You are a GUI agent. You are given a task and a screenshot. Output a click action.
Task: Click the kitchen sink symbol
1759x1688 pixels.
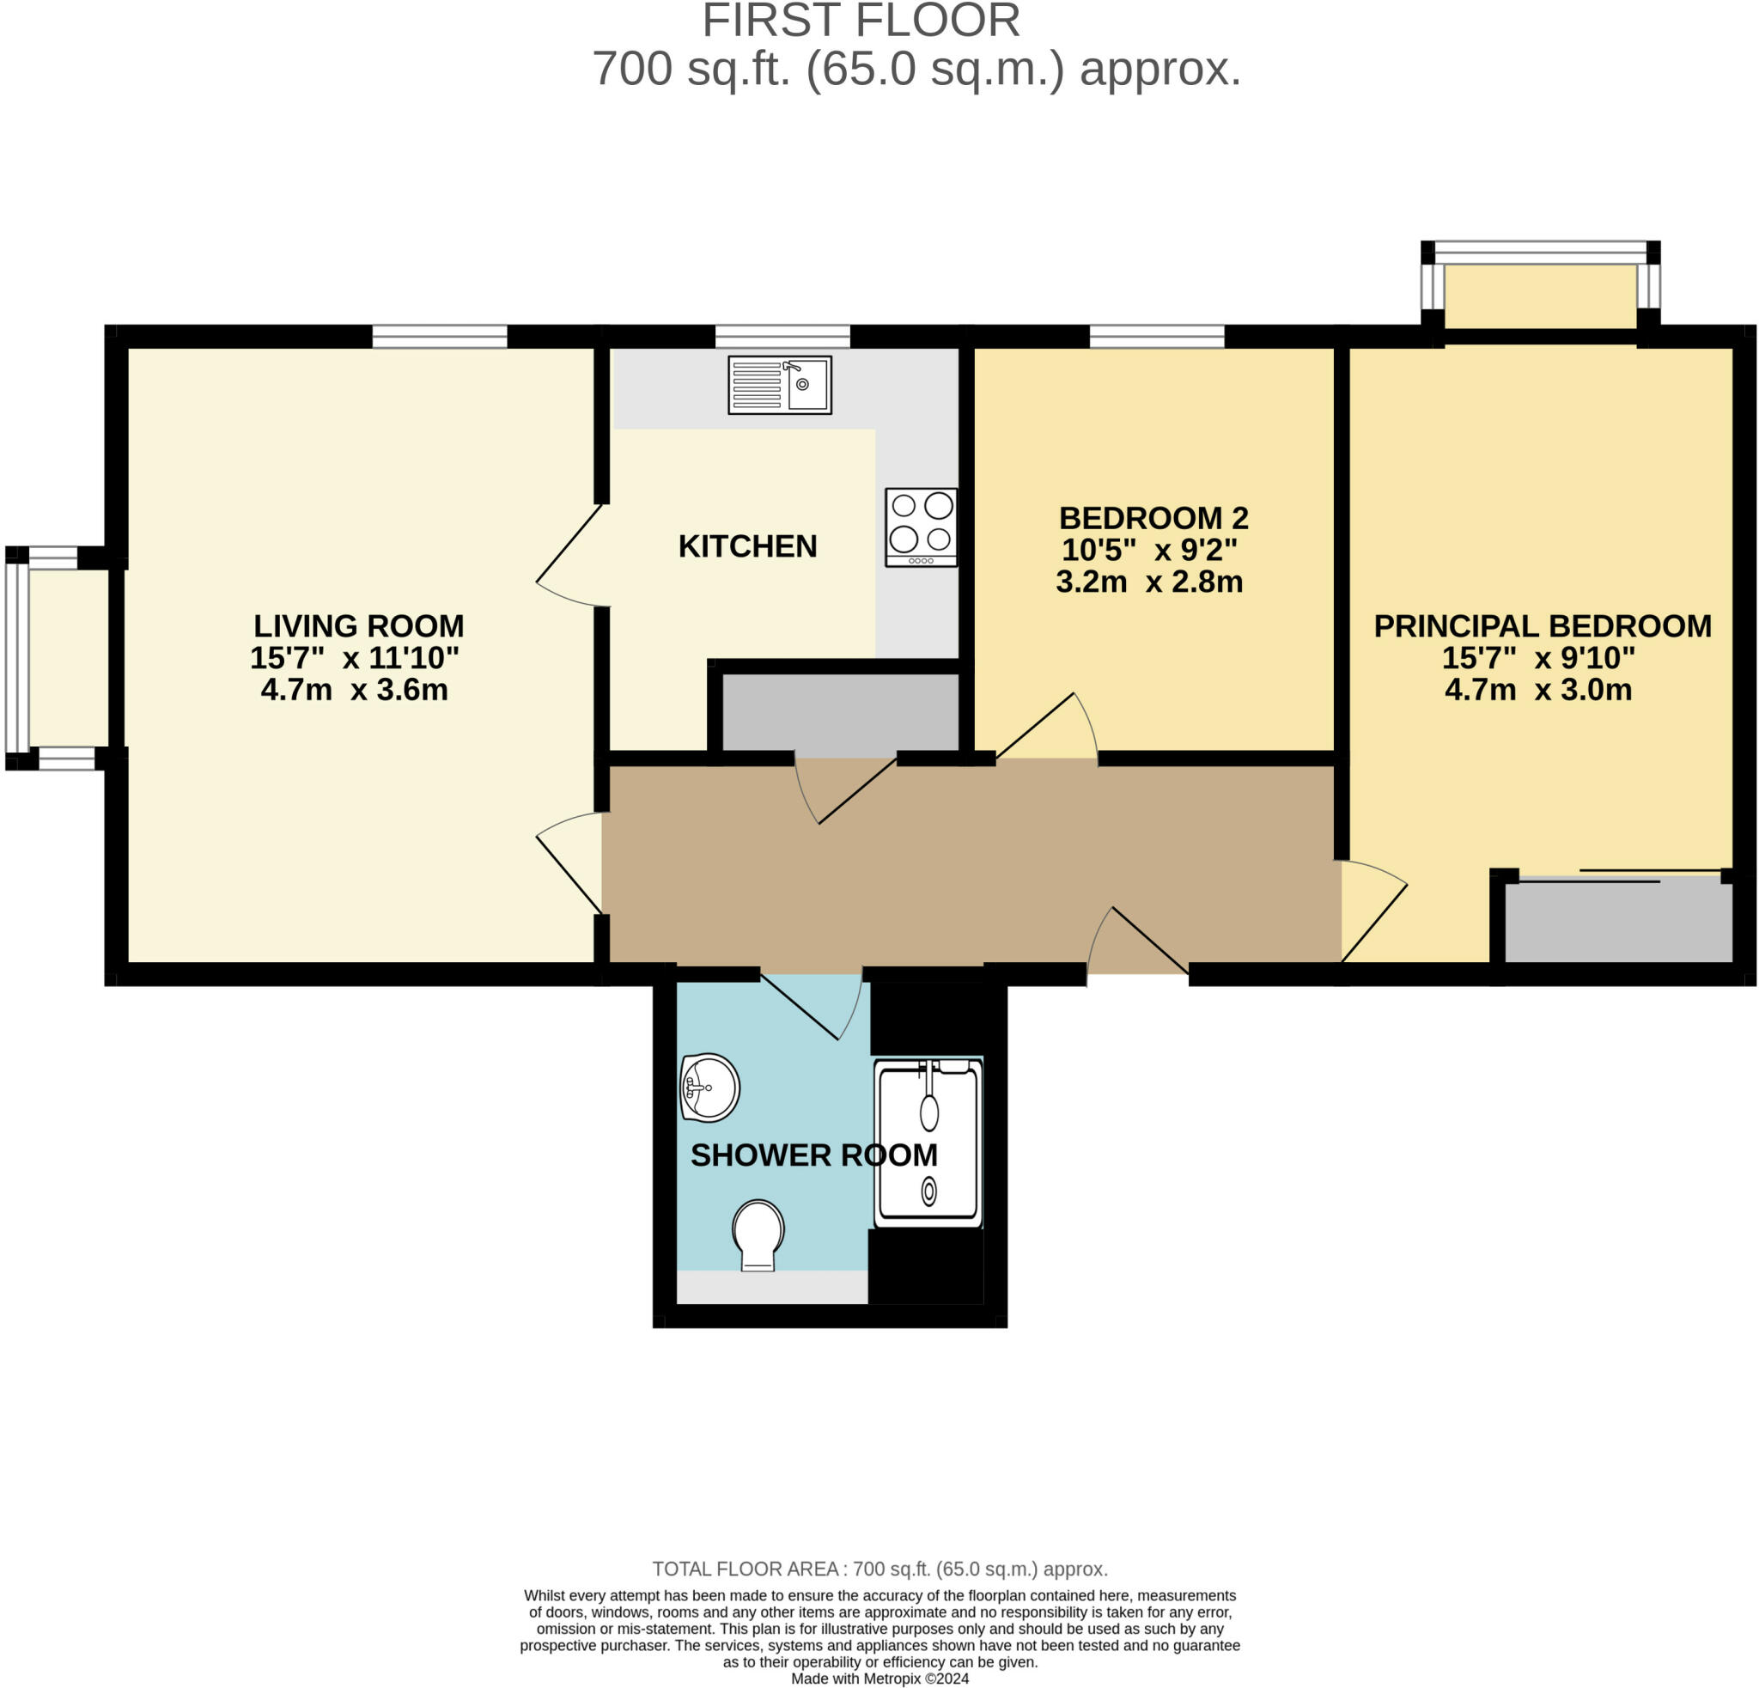tap(779, 384)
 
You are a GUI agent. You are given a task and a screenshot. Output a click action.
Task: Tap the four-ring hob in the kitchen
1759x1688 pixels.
tap(921, 527)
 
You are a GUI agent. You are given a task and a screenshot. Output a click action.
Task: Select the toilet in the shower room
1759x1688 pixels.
tap(758, 1234)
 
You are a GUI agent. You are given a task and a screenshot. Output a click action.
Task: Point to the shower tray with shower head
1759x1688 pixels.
tap(928, 1142)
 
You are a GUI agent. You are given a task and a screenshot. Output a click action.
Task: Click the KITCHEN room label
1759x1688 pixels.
tap(746, 545)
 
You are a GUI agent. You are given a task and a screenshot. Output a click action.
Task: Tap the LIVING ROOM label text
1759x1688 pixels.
tap(358, 625)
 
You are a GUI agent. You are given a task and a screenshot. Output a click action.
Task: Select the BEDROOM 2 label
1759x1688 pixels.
tap(1153, 518)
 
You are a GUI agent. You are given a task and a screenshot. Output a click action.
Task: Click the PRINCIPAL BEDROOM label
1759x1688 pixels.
tap(1542, 625)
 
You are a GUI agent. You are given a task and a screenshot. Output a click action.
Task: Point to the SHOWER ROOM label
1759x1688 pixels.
tap(813, 1155)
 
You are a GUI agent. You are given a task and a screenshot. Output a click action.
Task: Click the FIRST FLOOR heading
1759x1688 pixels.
tap(861, 21)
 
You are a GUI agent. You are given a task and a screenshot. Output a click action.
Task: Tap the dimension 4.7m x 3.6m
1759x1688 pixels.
tap(355, 689)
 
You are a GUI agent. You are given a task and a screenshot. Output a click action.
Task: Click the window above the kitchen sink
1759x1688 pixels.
tap(782, 337)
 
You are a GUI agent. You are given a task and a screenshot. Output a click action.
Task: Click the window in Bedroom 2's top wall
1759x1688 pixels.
tap(1156, 337)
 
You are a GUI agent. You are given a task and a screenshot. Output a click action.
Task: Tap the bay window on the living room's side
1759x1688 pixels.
tap(18, 657)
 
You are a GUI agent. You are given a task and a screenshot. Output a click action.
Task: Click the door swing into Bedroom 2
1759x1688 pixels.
tap(1045, 727)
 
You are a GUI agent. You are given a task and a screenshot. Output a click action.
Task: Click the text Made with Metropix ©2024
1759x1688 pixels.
tap(879, 1679)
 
